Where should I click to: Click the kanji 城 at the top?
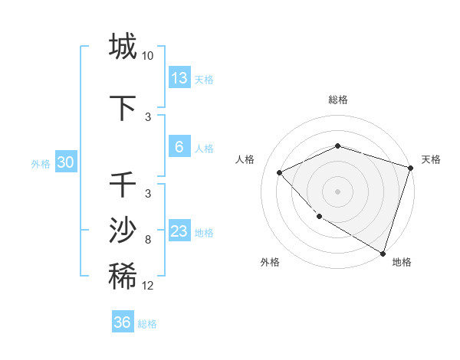tap(123, 46)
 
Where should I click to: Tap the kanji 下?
tap(123, 108)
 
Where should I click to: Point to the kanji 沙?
tap(123, 231)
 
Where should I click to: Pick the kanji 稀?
tap(123, 277)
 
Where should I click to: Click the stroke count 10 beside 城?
tap(148, 56)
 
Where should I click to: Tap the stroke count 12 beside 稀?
tap(148, 286)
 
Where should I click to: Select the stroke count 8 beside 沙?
tap(148, 241)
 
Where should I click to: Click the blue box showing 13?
tap(179, 78)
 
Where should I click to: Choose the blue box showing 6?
tap(179, 147)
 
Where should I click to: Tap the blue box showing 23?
tap(179, 231)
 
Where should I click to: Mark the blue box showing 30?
tap(65, 162)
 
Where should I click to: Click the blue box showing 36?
tap(123, 322)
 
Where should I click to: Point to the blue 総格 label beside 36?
tap(148, 324)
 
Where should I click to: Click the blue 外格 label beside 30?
tap(41, 164)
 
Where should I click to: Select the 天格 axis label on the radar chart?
tap(431, 159)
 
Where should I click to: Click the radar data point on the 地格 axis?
tap(383, 253)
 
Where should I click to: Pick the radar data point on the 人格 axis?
tap(280, 172)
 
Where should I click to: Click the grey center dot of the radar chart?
tap(337, 191)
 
